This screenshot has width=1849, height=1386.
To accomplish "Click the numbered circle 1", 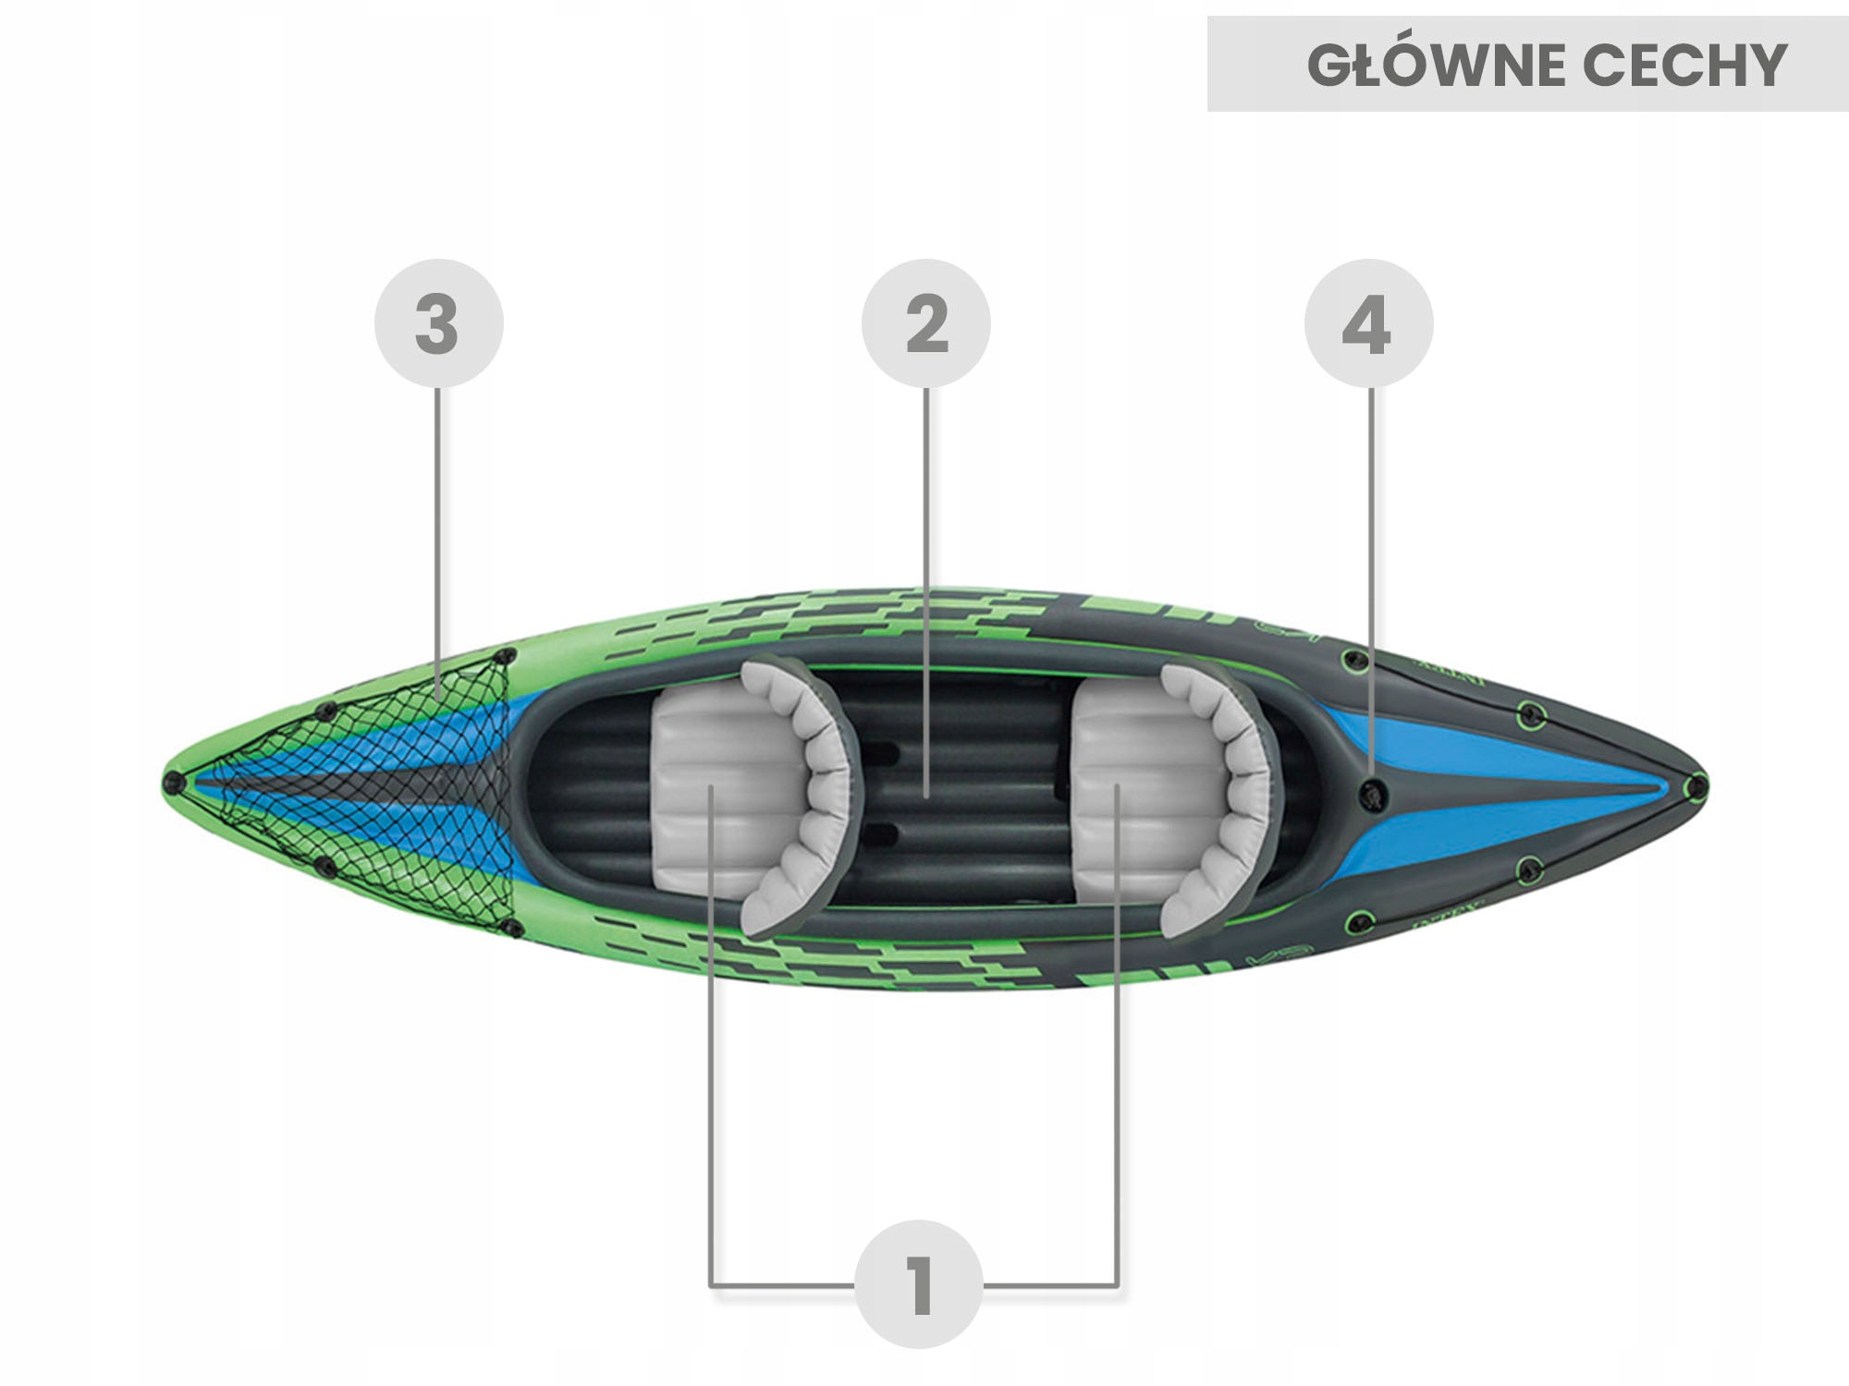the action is (918, 1284).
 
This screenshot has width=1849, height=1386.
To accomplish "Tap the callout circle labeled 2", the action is (926, 323).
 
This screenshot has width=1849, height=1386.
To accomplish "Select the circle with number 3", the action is (438, 323).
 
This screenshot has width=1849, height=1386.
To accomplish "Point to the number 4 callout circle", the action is (1368, 323).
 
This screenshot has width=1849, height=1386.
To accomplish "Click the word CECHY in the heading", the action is (1684, 65).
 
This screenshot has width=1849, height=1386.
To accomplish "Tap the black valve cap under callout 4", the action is (1374, 793).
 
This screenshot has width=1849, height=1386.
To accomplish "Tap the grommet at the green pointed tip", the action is (172, 784).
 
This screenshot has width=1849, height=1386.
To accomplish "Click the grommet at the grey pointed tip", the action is (1696, 787).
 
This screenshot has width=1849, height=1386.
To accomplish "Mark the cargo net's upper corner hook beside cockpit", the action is (504, 657).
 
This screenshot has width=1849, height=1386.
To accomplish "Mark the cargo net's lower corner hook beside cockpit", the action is (511, 927).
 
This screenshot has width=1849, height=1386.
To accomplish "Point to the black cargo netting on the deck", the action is (388, 785).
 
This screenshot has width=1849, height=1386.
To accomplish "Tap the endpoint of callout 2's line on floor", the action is (926, 795).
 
